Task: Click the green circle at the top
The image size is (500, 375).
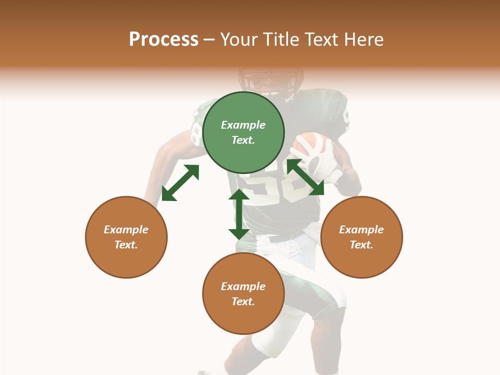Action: point(243,133)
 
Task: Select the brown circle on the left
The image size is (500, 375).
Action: point(126,237)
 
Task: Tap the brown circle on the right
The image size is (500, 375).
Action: point(361,237)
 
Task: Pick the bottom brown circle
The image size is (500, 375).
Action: point(243,294)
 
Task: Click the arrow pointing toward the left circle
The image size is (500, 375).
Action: point(180,183)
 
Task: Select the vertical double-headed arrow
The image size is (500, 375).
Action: point(239,214)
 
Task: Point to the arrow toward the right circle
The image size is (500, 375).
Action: point(305,177)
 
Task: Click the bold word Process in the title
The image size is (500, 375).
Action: point(164,39)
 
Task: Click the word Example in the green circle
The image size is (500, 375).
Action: point(243,125)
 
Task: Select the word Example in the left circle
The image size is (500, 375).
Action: point(126,230)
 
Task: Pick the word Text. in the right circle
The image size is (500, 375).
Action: point(361,245)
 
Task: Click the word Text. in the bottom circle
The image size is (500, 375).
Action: point(243,302)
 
